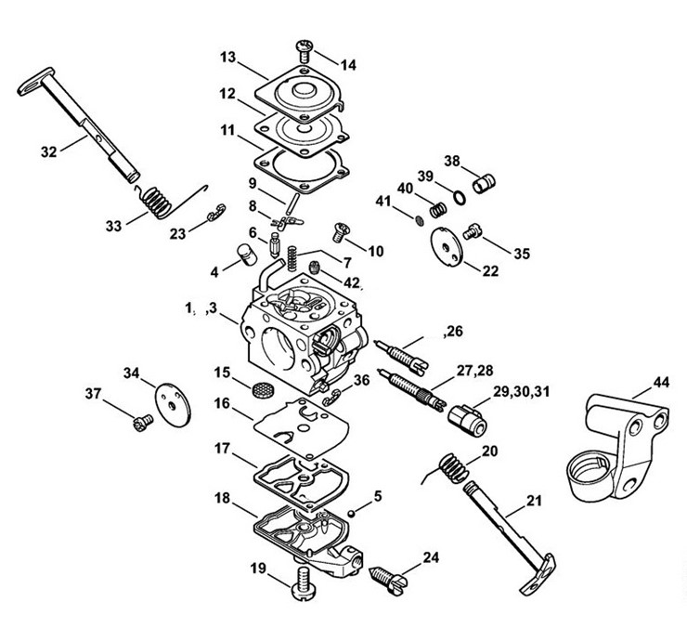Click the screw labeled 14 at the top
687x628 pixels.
(305, 51)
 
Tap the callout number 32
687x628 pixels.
(48, 151)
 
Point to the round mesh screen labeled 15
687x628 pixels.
(263, 389)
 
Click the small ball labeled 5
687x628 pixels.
(351, 514)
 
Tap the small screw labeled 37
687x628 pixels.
(143, 424)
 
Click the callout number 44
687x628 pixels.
(661, 382)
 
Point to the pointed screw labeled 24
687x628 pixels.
(389, 581)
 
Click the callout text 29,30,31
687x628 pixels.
(521, 391)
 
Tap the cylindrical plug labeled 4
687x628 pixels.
(247, 255)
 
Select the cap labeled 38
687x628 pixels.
(484, 183)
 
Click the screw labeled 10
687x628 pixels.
(342, 232)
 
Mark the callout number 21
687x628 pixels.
(534, 501)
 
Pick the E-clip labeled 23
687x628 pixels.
(216, 212)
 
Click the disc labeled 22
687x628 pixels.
(447, 246)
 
